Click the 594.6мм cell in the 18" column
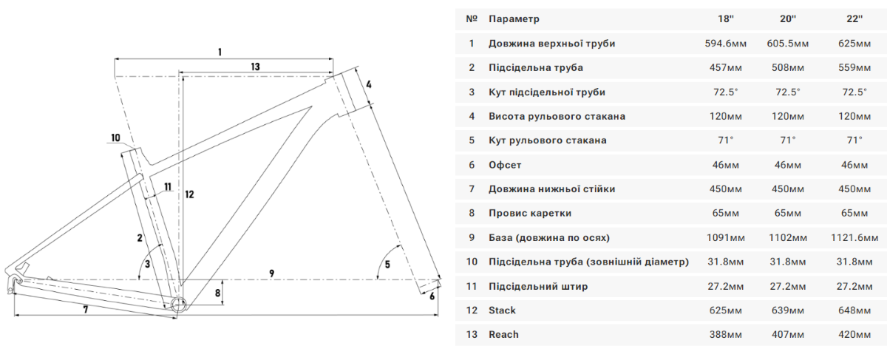coord(726,44)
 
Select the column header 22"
coord(855,18)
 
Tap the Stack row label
coord(502,310)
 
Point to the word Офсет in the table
coord(506,165)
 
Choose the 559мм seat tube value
coord(855,68)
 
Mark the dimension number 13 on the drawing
coord(255,67)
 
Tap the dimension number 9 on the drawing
coord(272,274)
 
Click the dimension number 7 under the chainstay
coord(86,310)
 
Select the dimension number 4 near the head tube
coord(368,84)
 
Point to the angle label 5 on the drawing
coord(388,264)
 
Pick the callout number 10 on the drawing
coord(115,137)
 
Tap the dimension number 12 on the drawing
coord(190,194)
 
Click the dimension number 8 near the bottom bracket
coord(217,293)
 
